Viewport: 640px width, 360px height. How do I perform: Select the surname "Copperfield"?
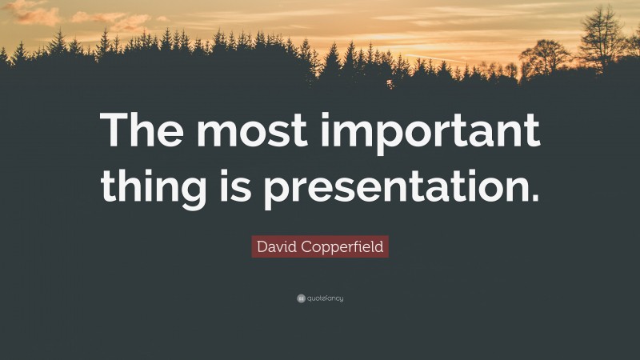point(344,247)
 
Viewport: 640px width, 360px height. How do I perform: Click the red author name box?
point(320,246)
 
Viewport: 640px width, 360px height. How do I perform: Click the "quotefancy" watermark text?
point(326,298)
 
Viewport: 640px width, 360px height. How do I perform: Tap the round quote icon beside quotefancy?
point(301,298)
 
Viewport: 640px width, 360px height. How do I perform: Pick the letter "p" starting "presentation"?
point(279,193)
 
